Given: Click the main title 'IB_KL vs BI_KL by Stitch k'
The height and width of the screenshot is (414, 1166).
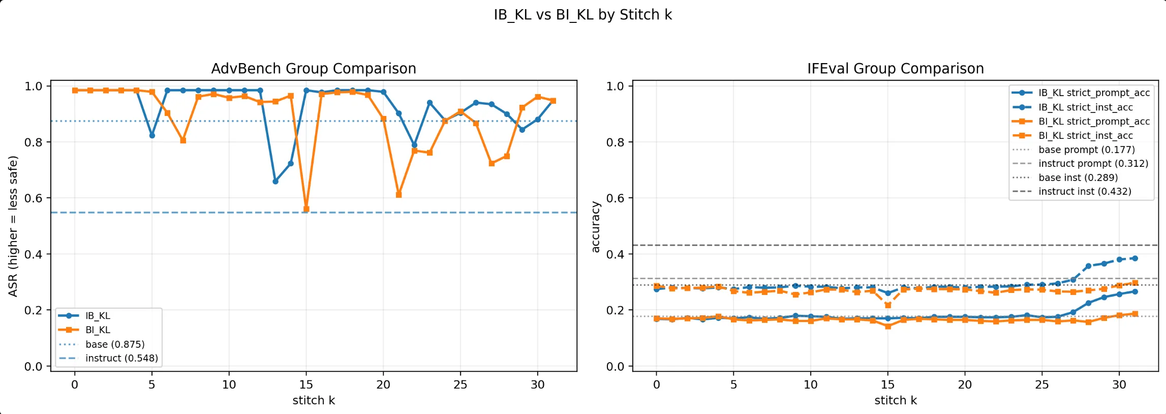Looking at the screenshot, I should coord(582,15).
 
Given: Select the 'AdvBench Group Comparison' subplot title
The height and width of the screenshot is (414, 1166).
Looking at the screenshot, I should coord(314,69).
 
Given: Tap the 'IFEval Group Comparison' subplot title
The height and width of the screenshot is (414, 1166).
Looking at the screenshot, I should coord(895,69).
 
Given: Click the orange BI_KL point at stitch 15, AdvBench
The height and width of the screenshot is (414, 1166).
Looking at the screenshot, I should coord(306,209).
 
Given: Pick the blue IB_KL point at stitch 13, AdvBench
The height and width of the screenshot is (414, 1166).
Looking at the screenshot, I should coord(275,182).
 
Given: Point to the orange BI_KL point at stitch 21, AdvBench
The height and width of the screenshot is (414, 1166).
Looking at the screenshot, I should coord(398,195).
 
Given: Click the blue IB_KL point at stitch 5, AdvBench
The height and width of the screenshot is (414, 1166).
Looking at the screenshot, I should coord(152,136).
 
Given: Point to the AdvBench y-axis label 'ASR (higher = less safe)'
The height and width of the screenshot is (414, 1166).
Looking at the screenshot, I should coord(13,226).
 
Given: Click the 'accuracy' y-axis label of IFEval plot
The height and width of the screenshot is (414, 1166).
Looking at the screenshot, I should coord(595,227).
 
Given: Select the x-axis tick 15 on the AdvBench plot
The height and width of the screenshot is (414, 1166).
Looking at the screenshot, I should coord(306,385).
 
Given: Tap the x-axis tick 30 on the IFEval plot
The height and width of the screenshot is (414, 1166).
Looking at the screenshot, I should coord(1119,385).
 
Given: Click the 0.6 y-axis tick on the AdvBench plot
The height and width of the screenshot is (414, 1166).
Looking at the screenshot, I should coord(34,198).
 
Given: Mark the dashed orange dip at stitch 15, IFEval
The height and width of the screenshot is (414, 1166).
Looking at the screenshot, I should coord(888,305).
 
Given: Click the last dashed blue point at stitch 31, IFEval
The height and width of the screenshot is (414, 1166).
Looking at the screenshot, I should coord(1134,258).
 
